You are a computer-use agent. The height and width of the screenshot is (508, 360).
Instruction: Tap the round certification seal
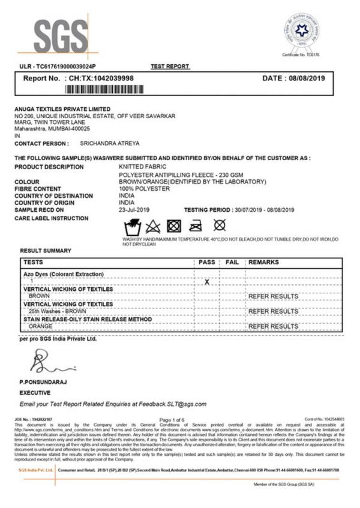click(301, 31)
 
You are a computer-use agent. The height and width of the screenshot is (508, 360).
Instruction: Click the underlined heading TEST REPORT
click(170, 66)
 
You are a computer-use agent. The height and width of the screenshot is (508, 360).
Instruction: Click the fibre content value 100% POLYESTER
click(145, 188)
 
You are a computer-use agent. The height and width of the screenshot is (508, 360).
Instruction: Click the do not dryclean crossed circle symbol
click(220, 226)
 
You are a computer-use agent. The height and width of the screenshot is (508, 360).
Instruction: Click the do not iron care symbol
click(196, 227)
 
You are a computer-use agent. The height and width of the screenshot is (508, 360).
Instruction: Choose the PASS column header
click(206, 263)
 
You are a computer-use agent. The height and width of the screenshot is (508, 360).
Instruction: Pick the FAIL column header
click(232, 263)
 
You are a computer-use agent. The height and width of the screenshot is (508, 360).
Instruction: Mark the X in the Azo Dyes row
click(206, 281)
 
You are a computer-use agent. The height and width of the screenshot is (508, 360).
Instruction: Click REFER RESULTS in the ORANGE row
click(273, 326)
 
